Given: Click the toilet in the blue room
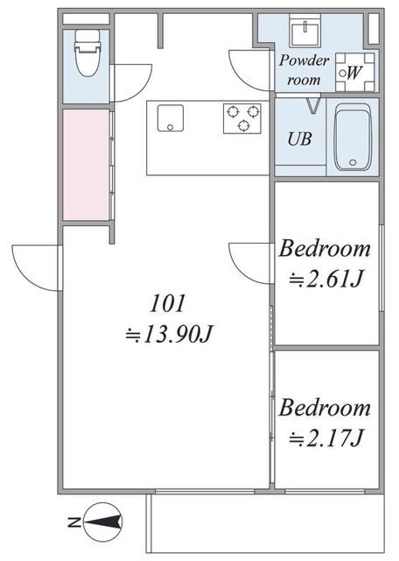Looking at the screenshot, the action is tap(87, 53).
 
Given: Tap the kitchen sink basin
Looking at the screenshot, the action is tap(171, 117).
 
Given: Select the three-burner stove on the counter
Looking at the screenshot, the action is tap(242, 118).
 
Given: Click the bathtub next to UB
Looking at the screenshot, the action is tap(353, 137).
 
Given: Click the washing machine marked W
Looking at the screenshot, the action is tap(354, 72).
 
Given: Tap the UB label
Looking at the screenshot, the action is tap(300, 138).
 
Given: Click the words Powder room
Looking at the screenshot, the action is tap(304, 70).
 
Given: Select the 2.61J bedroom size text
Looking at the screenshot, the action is tap(326, 279).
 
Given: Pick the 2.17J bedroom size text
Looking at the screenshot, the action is tap(326, 437).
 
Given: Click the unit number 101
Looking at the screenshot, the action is tap(167, 303).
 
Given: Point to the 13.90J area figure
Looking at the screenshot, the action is tap(169, 335).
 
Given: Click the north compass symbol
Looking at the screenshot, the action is tap(103, 522).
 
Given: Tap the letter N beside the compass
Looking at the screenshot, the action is tap(74, 522).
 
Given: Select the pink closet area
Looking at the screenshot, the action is tap(86, 165).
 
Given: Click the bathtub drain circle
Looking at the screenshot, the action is tap(353, 162).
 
